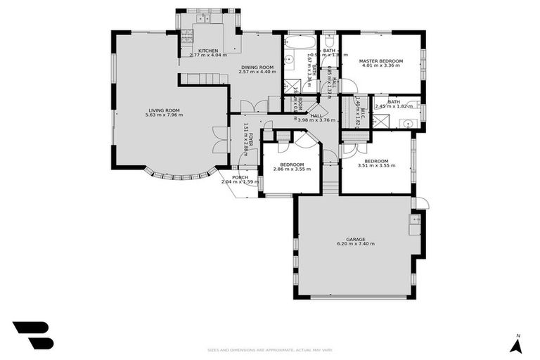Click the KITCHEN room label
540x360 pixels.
pyautogui.click(x=207, y=51)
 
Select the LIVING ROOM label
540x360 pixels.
pyautogui.click(x=164, y=110)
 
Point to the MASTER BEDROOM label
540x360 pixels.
pyautogui.click(x=380, y=61)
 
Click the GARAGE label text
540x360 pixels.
pyautogui.click(x=355, y=239)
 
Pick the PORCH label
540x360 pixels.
pyautogui.click(x=240, y=177)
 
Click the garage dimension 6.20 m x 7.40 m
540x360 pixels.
pyautogui.click(x=355, y=244)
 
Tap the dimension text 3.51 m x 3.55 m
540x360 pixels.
pyautogui.click(x=376, y=165)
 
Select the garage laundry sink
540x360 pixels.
pyautogui.click(x=415, y=220)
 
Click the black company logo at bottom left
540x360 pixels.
pyautogui.click(x=32, y=335)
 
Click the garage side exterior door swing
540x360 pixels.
pyautogui.click(x=420, y=203)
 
